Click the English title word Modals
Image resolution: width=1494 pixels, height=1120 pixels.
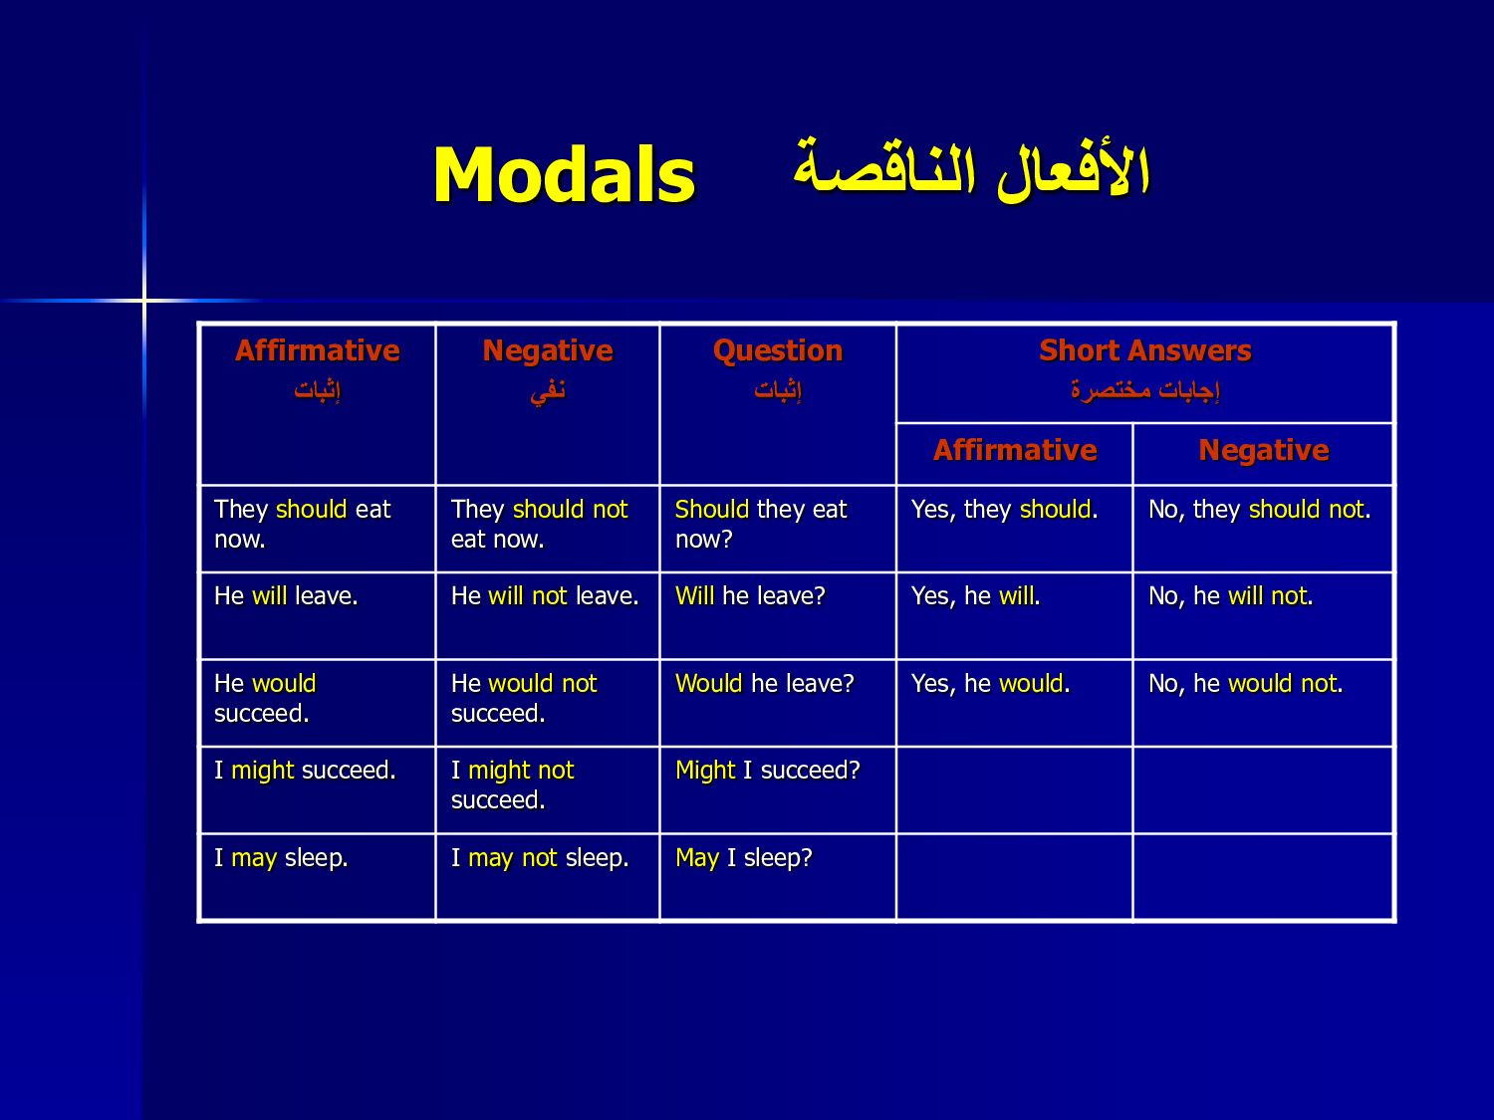pos(565,175)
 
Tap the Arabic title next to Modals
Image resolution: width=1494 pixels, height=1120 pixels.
pos(972,169)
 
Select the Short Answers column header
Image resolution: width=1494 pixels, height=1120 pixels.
pos(1144,350)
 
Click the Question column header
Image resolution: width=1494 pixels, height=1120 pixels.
pos(777,350)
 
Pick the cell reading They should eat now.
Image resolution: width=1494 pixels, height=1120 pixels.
pos(302,524)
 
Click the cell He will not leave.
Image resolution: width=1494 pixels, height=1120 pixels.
pos(545,595)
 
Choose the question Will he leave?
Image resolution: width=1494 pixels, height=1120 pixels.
pos(750,595)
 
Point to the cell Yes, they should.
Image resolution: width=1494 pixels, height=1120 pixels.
pos(1005,510)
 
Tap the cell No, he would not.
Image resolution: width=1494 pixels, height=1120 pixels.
pos(1246,683)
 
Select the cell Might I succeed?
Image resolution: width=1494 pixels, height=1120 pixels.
pos(768,771)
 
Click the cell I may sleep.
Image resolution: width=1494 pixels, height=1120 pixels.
pos(281,858)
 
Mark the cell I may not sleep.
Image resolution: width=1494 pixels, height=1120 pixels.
pos(540,858)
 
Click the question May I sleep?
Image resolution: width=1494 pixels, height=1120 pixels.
pos(743,858)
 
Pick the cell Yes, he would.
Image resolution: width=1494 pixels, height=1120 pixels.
pos(990,683)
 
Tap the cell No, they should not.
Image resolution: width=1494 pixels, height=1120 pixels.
pos(1259,510)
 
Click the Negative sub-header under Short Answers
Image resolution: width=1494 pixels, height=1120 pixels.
pos(1263,450)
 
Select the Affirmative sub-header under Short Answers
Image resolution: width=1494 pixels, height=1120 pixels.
pos(1015,450)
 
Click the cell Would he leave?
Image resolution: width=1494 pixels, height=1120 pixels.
pos(764,683)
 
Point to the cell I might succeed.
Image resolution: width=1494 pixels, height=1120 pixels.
pos(305,771)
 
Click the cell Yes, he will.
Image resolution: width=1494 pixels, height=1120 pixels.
pos(975,595)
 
